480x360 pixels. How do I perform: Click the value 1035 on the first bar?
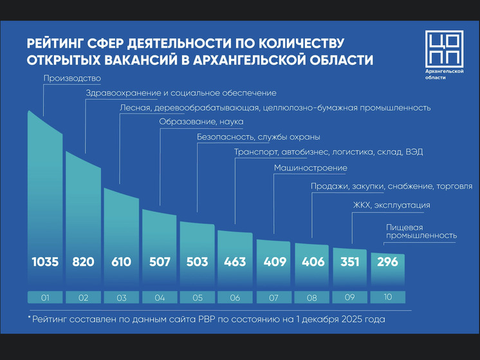pyautogui.click(x=45, y=262)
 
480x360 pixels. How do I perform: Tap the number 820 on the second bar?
pyautogui.click(x=83, y=262)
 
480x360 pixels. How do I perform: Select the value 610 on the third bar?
pyautogui.click(x=121, y=262)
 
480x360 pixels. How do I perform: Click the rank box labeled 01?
pyautogui.click(x=45, y=299)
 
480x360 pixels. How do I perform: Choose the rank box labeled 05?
pyautogui.click(x=197, y=299)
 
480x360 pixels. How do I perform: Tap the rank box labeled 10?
pyautogui.click(x=387, y=299)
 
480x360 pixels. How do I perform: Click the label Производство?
pyautogui.click(x=72, y=79)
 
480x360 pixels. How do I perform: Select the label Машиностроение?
pyautogui.click(x=310, y=168)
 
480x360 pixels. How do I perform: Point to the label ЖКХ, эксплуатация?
pyautogui.click(x=391, y=205)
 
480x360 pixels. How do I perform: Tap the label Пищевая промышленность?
pyautogui.click(x=421, y=231)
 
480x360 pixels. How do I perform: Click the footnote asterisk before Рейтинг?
pyautogui.click(x=30, y=319)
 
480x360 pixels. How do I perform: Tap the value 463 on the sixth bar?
pyautogui.click(x=235, y=262)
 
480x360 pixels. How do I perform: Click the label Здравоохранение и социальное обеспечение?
pyautogui.click(x=181, y=93)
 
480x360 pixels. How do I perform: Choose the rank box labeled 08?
pyautogui.click(x=311, y=299)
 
